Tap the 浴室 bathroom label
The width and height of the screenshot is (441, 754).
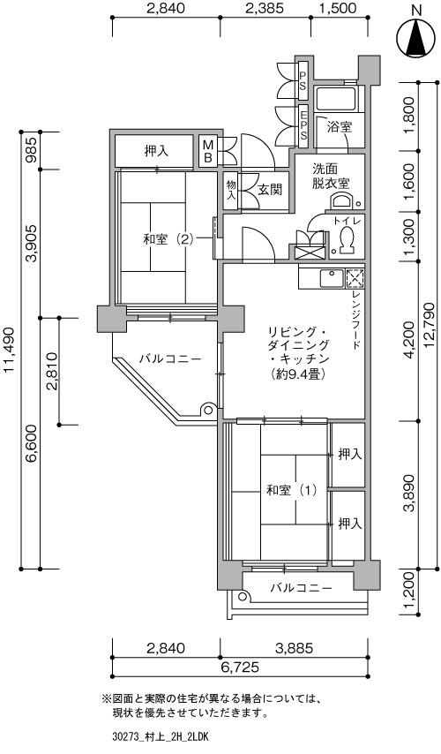[x=340, y=127]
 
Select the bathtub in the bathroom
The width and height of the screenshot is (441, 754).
[x=336, y=98]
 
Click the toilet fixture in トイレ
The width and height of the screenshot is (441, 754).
[x=347, y=238]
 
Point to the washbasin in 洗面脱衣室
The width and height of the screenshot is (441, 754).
[x=342, y=200]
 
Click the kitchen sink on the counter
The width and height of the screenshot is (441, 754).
[x=332, y=278]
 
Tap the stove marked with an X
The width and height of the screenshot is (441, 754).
[x=355, y=278]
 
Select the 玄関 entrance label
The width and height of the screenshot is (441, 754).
[x=270, y=190]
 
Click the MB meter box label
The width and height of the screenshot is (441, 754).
[x=207, y=151]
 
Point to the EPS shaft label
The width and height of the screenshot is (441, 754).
[x=303, y=125]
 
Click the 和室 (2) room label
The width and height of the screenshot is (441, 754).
[x=168, y=239]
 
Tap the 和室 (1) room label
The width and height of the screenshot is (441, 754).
[x=292, y=491]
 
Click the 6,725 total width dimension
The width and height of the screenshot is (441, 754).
[x=240, y=667]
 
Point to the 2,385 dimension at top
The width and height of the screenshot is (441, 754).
[x=265, y=8]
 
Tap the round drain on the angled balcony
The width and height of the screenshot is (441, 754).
[x=208, y=411]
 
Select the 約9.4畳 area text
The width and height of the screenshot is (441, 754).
[x=298, y=373]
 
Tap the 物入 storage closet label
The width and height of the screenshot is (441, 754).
[x=231, y=190]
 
